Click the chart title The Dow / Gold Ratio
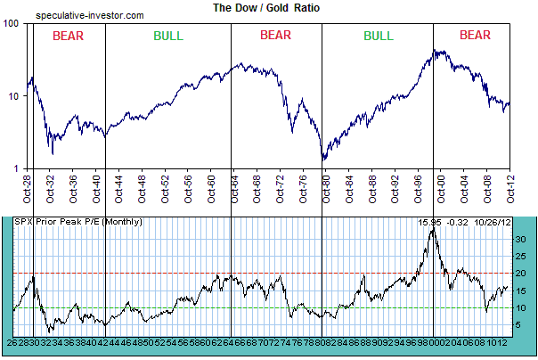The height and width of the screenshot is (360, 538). (265, 7)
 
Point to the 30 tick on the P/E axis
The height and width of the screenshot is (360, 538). (518, 238)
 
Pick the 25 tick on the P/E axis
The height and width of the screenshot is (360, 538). (518, 256)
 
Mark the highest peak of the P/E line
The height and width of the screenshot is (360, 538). (433, 229)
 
